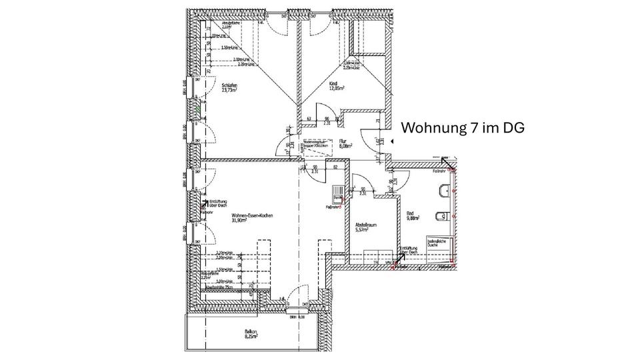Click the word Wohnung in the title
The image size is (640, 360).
(x=429, y=127)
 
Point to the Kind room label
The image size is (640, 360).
(x=333, y=83)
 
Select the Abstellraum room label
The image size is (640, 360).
(x=365, y=225)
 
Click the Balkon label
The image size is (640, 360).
(x=251, y=332)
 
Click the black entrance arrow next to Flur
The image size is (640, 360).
(x=393, y=141)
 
